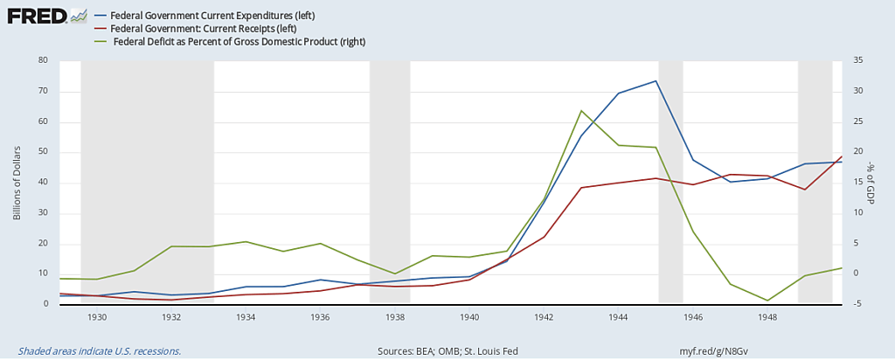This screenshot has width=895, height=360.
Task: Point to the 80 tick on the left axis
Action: coord(42,61)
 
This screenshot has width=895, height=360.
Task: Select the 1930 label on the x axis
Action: coord(96,317)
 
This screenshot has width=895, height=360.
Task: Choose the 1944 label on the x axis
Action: coord(619,317)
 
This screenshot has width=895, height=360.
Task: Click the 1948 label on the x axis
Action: coord(768,317)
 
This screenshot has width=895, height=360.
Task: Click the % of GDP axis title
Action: coord(871,183)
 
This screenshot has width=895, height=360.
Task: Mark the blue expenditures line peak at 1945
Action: coord(656,81)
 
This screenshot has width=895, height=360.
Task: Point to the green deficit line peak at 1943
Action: coord(581,111)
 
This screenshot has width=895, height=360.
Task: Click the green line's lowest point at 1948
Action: coord(767,301)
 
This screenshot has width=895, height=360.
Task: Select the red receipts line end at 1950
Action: coord(842,156)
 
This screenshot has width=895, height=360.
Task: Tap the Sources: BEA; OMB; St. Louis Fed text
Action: coord(447,350)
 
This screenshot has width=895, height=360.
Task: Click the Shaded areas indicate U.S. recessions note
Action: coord(93,350)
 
